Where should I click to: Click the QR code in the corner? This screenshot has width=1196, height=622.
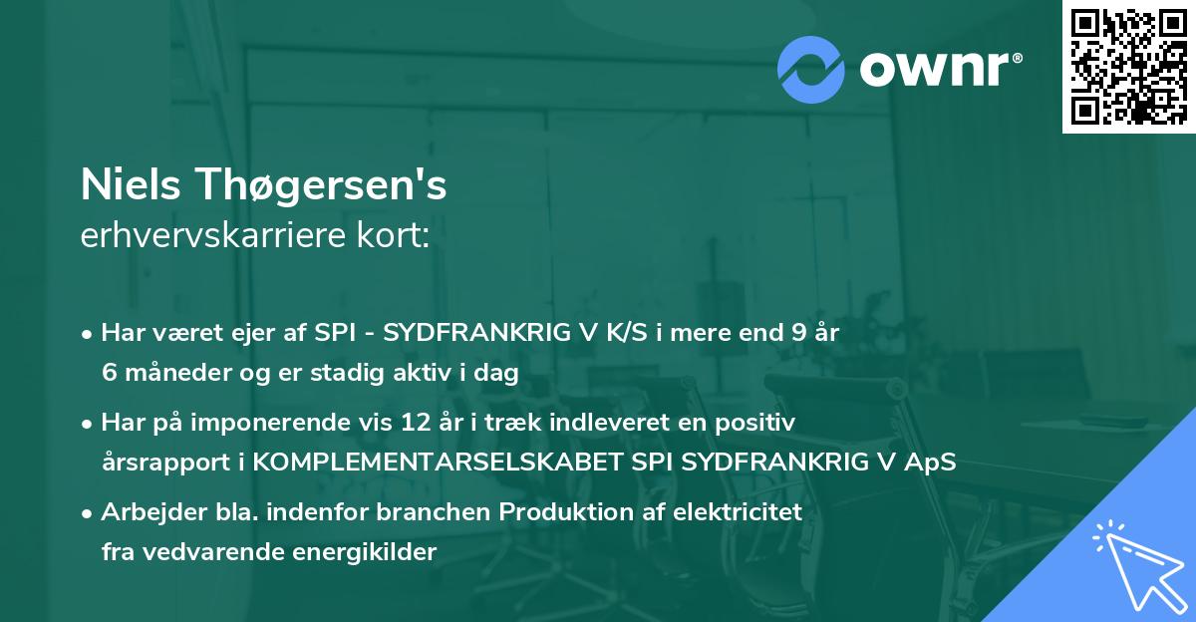[x=1128, y=67]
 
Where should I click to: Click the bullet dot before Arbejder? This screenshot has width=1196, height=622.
[x=89, y=513]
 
